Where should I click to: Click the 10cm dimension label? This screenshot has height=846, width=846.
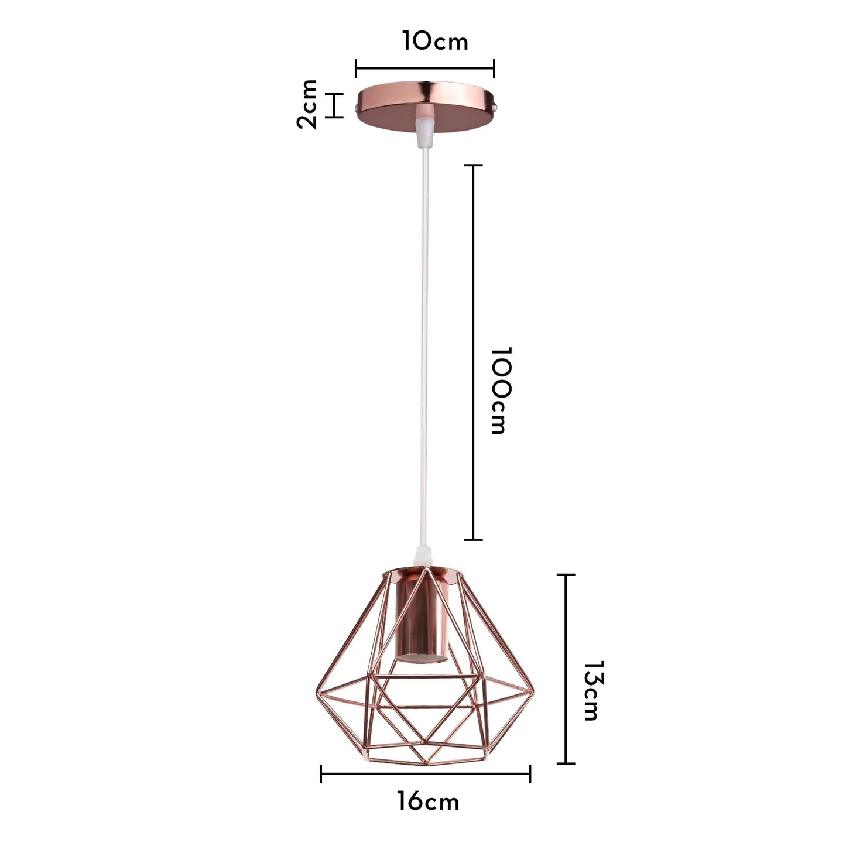point(435,41)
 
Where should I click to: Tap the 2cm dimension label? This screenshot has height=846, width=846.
point(307,104)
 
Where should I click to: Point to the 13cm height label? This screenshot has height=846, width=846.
point(592,691)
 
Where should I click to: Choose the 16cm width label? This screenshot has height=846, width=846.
point(428,802)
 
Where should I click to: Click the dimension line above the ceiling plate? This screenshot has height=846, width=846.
point(425,68)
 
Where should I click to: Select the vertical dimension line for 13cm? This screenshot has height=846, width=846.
point(566,669)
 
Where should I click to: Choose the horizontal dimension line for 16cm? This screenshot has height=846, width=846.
point(425,773)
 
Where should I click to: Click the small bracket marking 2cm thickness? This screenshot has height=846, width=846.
point(334,105)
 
